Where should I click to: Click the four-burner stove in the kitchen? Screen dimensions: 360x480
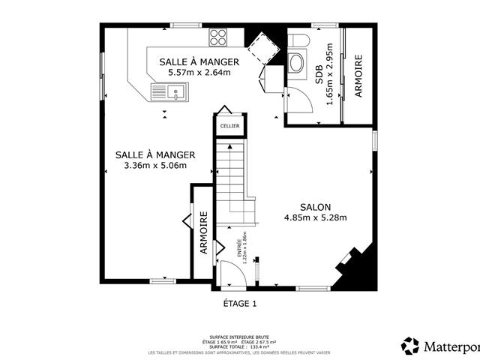[219, 36]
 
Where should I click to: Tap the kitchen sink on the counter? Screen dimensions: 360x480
[170, 92]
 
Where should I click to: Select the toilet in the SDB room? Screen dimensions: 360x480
[301, 38]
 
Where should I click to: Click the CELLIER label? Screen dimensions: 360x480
[229, 126]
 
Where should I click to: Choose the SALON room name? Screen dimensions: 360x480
[316, 207]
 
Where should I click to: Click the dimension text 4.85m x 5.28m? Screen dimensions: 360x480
[315, 218]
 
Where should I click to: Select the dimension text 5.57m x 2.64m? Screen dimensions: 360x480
[199, 73]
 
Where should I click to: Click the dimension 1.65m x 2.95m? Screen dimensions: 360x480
[329, 79]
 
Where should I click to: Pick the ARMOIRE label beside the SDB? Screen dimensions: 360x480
[358, 76]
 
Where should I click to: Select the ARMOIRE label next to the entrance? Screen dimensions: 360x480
[203, 233]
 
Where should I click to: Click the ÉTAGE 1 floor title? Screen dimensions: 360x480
[240, 304]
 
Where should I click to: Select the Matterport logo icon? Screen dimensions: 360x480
[410, 345]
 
